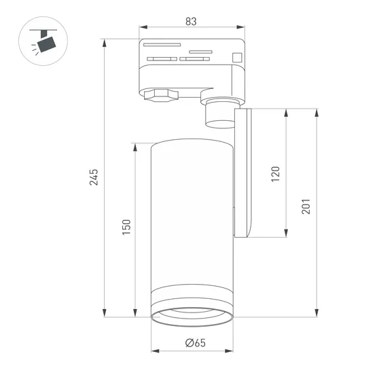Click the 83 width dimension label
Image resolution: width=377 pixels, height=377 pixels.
190,21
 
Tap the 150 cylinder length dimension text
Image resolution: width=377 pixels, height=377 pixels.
126,227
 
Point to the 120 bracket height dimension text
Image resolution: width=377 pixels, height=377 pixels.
275,173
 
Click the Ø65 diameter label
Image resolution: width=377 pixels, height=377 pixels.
196,342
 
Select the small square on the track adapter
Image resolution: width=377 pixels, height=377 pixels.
236,57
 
